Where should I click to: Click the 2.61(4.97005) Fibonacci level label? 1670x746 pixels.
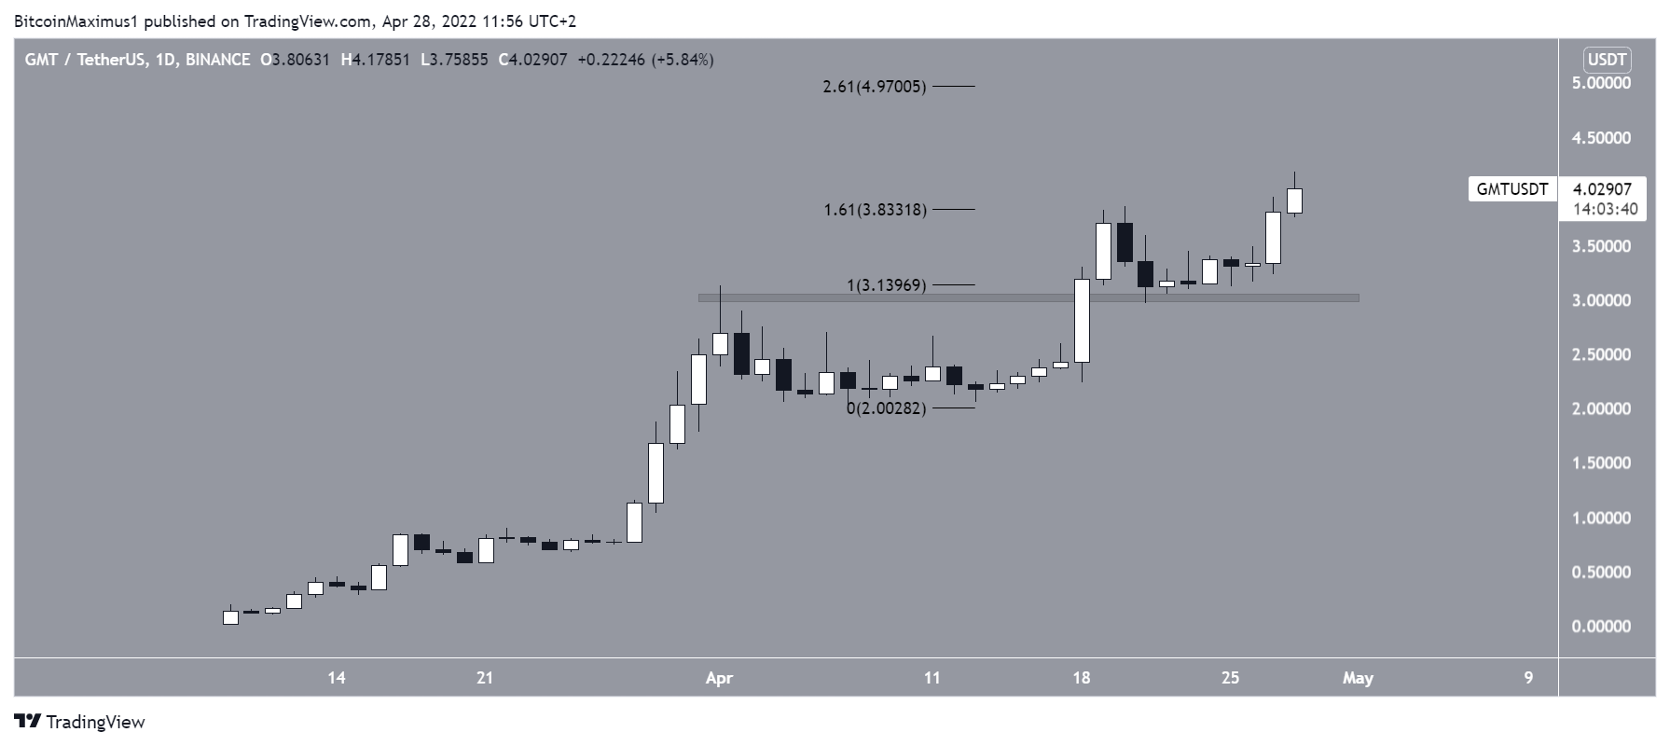[875, 87]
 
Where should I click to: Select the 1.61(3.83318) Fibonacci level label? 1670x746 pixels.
[875, 210]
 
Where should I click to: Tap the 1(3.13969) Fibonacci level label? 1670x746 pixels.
[886, 285]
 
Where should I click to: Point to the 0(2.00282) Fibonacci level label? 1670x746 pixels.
[886, 408]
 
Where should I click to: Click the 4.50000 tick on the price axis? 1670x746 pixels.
[1600, 138]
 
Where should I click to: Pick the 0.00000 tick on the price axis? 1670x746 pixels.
[1600, 627]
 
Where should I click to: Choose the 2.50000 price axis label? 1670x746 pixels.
[1600, 355]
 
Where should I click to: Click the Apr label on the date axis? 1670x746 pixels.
[719, 678]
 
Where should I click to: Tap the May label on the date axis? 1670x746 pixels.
[1358, 678]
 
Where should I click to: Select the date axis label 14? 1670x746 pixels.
[337, 678]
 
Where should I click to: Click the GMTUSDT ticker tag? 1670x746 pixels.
[1511, 189]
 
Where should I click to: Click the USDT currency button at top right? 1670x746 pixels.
[1607, 61]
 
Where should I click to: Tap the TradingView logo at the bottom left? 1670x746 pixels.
[80, 722]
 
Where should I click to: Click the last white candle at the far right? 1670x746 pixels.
[1294, 200]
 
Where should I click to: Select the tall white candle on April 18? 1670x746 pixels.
[1082, 320]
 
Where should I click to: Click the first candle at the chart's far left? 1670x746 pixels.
[230, 617]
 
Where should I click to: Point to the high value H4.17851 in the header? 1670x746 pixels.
[375, 60]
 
